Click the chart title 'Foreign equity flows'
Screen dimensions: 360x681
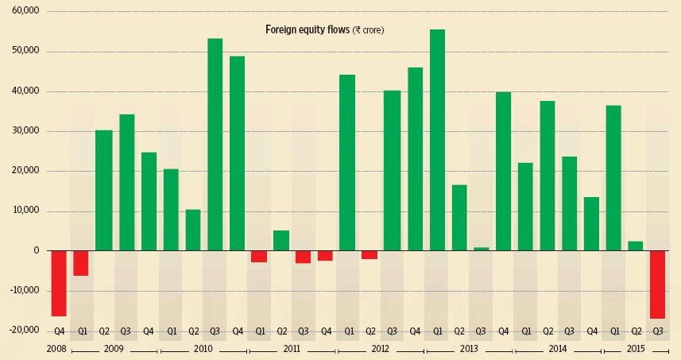pos(325,30)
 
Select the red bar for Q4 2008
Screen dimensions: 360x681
pos(59,283)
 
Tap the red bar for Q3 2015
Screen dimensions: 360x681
pos(657,284)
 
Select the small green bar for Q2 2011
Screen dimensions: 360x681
pos(281,241)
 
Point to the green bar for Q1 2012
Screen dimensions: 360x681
pos(347,163)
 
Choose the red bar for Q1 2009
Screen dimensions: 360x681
pos(81,263)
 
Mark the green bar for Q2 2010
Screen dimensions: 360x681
pos(193,230)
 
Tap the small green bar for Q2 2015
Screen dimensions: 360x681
pos(635,246)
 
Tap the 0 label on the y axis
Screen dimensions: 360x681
pos(36,251)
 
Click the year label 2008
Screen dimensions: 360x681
pos(56,349)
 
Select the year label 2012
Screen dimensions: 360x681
pos(379,349)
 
